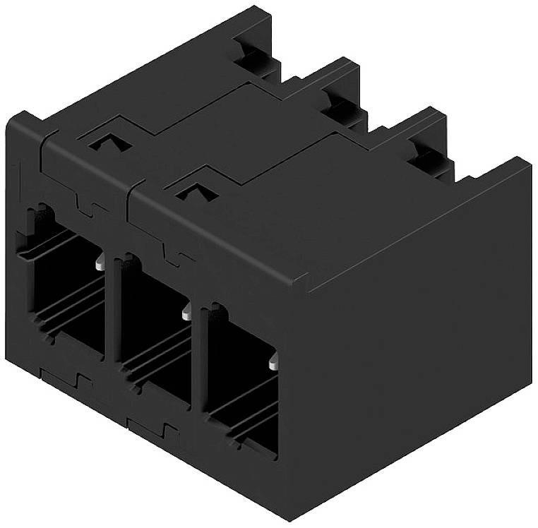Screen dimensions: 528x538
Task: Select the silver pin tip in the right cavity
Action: pos(273,364)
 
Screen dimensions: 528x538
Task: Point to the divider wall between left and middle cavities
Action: pos(111,311)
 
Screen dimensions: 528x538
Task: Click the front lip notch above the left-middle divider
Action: pos(90,208)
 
